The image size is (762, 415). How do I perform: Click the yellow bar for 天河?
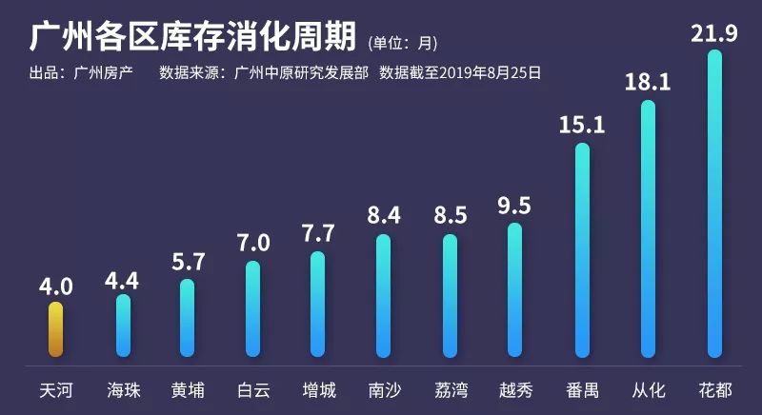(x=55, y=329)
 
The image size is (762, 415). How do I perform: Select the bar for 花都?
(x=714, y=204)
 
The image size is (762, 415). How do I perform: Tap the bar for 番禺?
(x=582, y=249)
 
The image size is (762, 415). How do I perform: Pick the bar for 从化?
(x=649, y=228)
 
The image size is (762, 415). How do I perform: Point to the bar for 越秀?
(x=514, y=289)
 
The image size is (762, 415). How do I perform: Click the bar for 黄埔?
(x=187, y=318)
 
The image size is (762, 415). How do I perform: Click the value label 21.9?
(x=715, y=34)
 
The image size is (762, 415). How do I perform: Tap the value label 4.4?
(x=122, y=281)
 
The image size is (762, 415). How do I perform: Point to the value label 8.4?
(x=384, y=214)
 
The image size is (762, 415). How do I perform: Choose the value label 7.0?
(x=253, y=242)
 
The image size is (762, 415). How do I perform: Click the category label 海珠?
(x=121, y=390)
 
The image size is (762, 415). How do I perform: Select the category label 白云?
(x=252, y=390)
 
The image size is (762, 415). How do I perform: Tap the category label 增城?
(x=318, y=390)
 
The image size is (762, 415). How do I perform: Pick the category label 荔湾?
(x=450, y=390)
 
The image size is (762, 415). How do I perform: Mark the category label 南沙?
(x=384, y=390)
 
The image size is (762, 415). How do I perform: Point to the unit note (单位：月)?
(x=402, y=43)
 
